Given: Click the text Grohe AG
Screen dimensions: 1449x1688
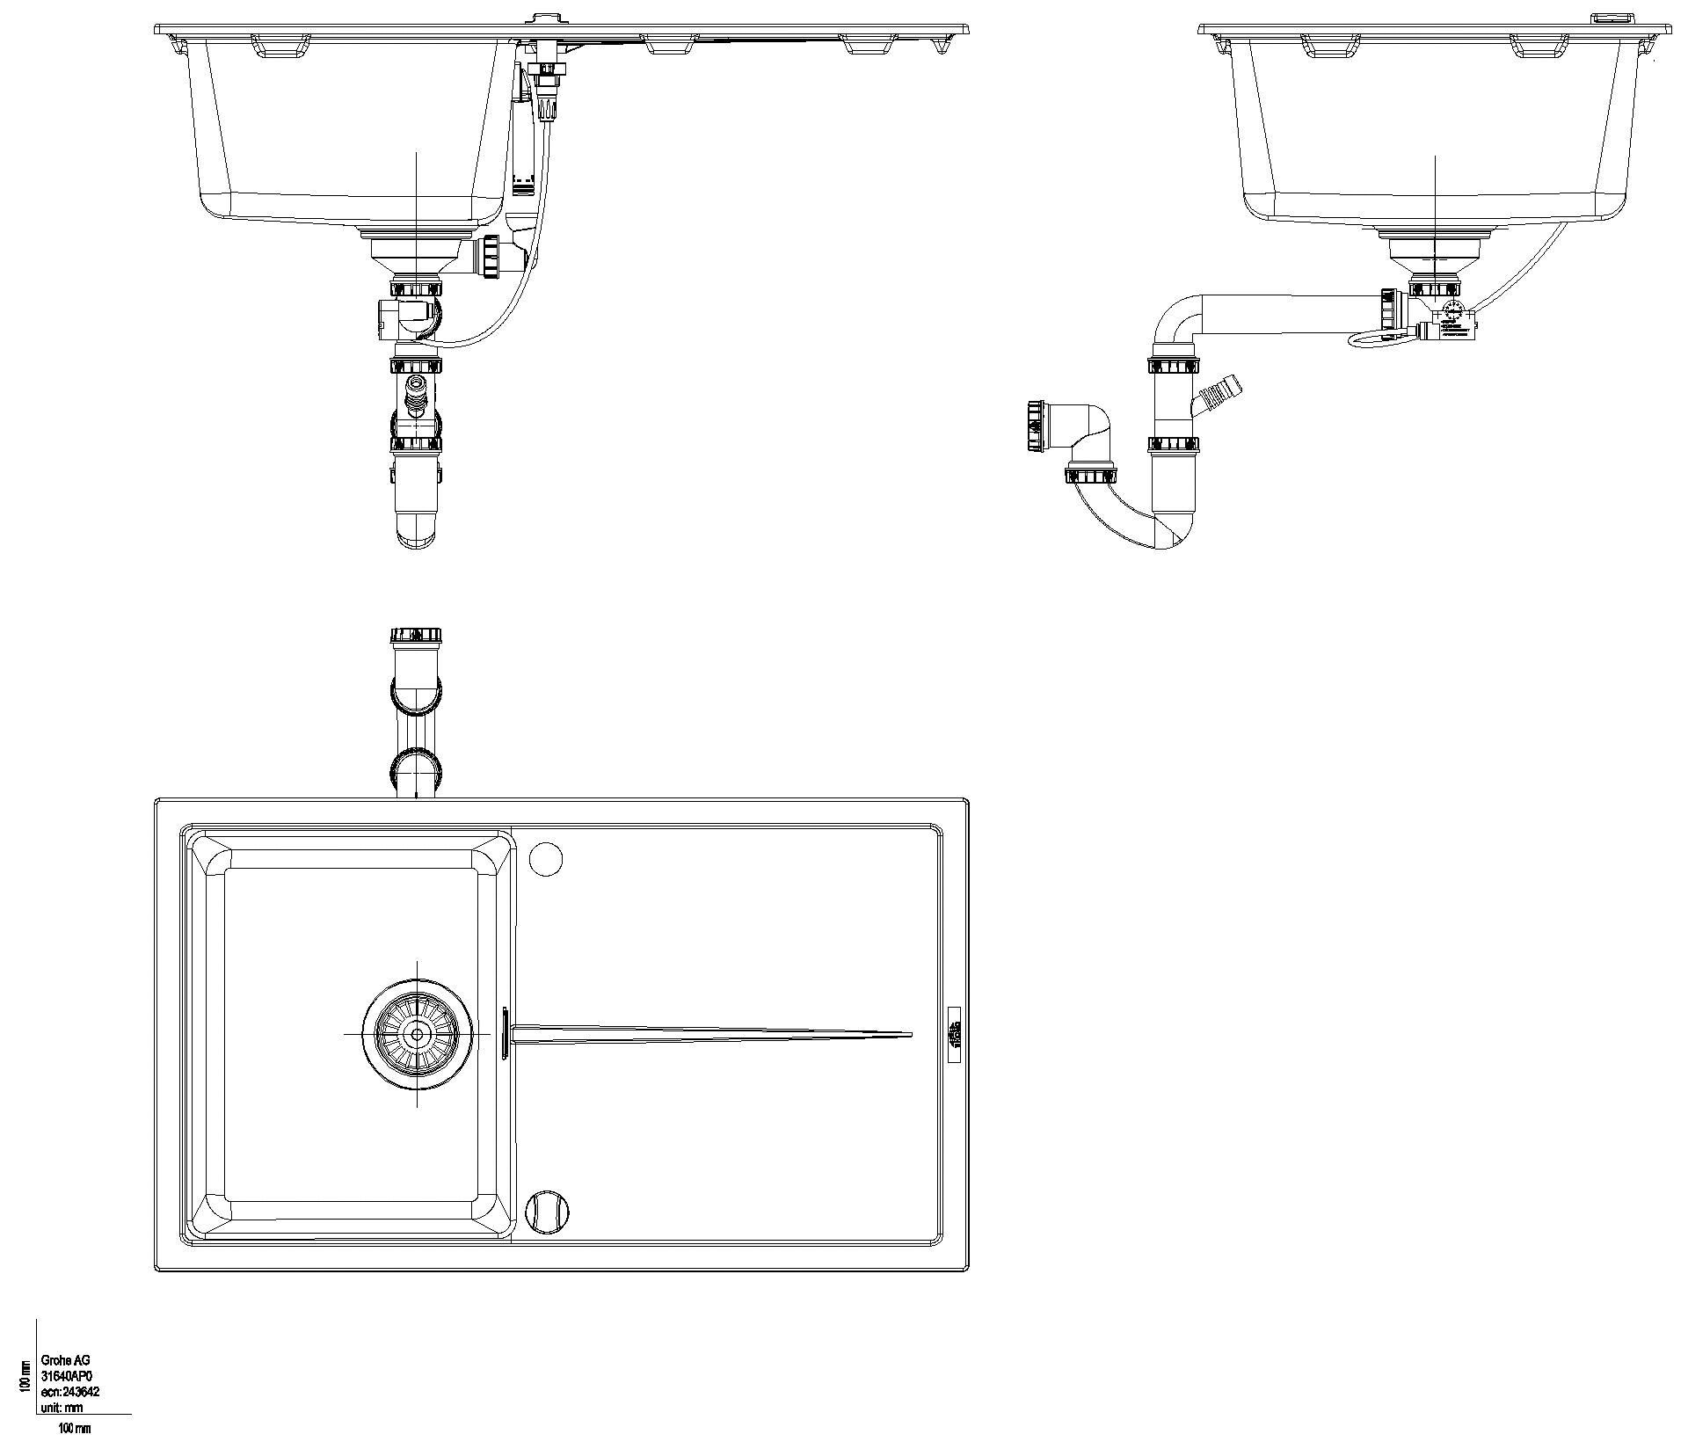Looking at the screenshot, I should [65, 1360].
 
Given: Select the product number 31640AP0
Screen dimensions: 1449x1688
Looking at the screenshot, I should [67, 1376].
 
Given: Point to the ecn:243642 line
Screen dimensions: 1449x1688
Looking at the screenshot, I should [70, 1392].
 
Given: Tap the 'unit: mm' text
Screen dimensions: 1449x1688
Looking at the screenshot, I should [62, 1408].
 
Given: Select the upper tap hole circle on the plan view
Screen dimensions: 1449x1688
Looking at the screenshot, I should [545, 858].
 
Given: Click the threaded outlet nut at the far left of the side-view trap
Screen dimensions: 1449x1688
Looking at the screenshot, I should [1036, 428].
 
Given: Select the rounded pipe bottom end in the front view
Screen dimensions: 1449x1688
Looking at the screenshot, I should [416, 531].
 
